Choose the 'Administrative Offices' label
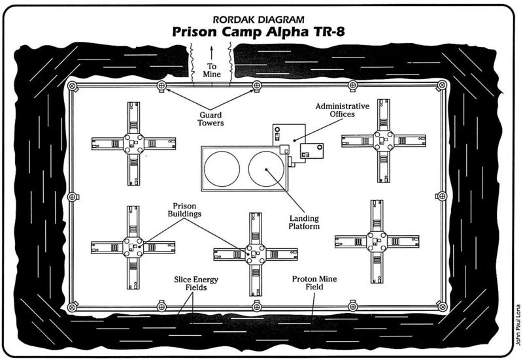point(342,109)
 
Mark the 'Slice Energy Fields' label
point(196,284)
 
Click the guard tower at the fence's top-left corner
point(73,86)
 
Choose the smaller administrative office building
point(311,152)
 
